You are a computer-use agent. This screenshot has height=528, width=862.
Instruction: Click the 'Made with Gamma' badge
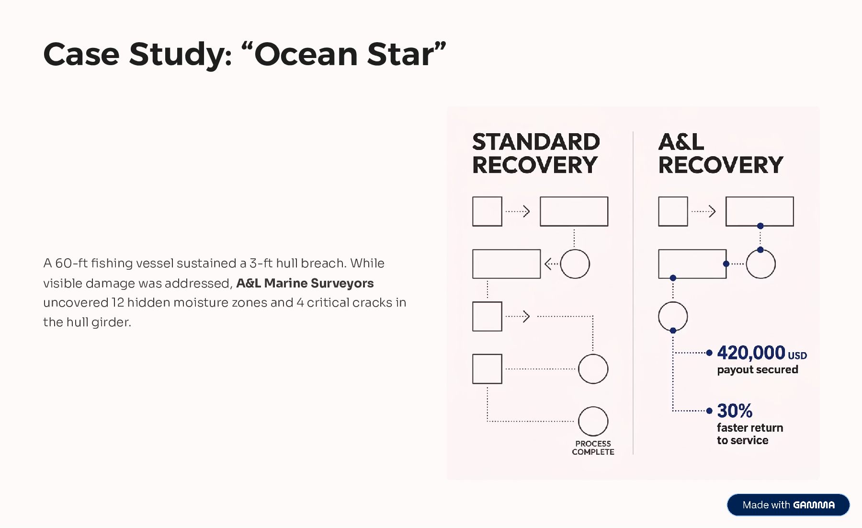[x=788, y=505]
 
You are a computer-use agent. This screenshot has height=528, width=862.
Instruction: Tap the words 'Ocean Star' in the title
[x=344, y=54]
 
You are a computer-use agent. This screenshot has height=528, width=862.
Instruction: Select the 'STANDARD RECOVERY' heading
[x=535, y=153]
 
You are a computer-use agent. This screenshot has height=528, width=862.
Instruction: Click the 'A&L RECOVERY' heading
[x=720, y=153]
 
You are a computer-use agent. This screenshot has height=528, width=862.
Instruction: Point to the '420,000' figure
[x=751, y=353]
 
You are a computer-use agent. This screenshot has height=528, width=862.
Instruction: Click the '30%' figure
[x=735, y=411]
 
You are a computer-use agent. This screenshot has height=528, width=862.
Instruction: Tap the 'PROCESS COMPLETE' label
[x=593, y=448]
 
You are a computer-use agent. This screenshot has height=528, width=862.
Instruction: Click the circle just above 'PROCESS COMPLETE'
[x=593, y=421]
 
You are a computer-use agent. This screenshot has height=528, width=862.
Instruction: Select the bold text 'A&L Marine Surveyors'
[x=305, y=283]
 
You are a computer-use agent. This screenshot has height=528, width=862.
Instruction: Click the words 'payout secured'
[x=757, y=370]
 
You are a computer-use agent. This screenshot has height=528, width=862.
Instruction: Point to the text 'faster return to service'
[x=749, y=434]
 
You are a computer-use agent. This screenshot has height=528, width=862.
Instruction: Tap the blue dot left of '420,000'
[x=709, y=353]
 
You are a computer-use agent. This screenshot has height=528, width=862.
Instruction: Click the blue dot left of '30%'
[x=709, y=411]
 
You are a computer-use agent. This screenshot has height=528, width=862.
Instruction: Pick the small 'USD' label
[x=797, y=356]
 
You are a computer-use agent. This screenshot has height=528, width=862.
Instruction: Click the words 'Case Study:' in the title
[x=138, y=54]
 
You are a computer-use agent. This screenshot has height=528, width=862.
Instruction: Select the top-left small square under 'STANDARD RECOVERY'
[x=487, y=211]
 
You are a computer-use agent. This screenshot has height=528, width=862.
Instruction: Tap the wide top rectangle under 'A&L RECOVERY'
[x=760, y=211]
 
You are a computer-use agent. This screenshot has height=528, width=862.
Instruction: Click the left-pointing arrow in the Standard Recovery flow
[x=551, y=264]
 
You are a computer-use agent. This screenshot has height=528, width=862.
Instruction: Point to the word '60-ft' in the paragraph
[x=71, y=263]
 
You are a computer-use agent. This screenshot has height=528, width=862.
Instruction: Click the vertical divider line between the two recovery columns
[x=633, y=292]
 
